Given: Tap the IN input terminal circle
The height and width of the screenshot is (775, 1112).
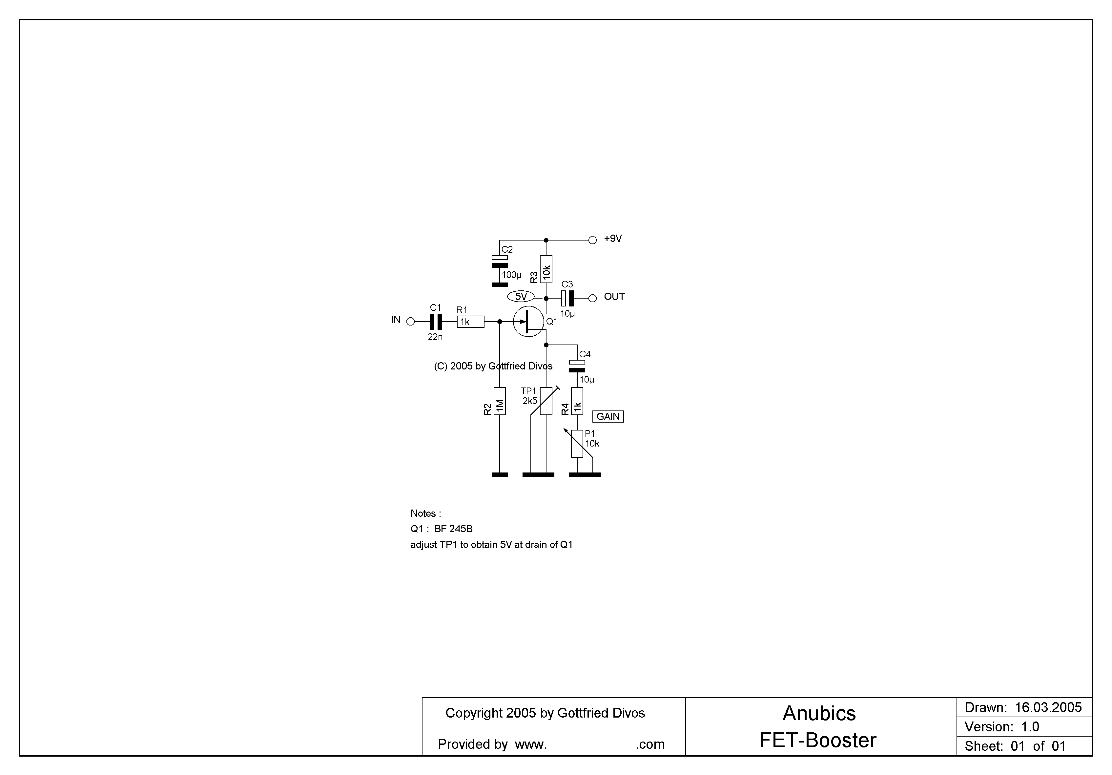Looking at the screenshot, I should pos(410,321).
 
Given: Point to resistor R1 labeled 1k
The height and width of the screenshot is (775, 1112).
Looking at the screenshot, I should pos(470,322).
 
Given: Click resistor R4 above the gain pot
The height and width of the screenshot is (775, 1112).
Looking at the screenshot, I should pos(577,401).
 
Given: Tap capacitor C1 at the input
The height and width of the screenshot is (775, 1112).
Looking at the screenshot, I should pos(436,321).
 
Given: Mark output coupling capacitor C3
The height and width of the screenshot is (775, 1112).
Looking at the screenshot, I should pos(567,298).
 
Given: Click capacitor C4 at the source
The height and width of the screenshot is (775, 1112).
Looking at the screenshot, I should pos(577,366).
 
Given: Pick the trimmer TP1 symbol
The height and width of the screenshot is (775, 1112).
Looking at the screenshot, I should pos(546,401).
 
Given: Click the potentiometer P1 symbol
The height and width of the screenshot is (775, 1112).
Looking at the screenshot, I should pos(577,444).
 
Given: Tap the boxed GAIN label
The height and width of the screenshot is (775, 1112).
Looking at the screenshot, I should pos(608,417).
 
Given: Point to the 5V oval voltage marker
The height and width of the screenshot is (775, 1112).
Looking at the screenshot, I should pos(521,296).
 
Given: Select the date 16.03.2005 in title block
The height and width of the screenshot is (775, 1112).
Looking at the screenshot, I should pos(1048,708).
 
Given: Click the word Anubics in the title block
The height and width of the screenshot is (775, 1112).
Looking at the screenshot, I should pos(819,714).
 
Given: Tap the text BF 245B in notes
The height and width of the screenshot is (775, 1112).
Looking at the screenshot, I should pos(453,529).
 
